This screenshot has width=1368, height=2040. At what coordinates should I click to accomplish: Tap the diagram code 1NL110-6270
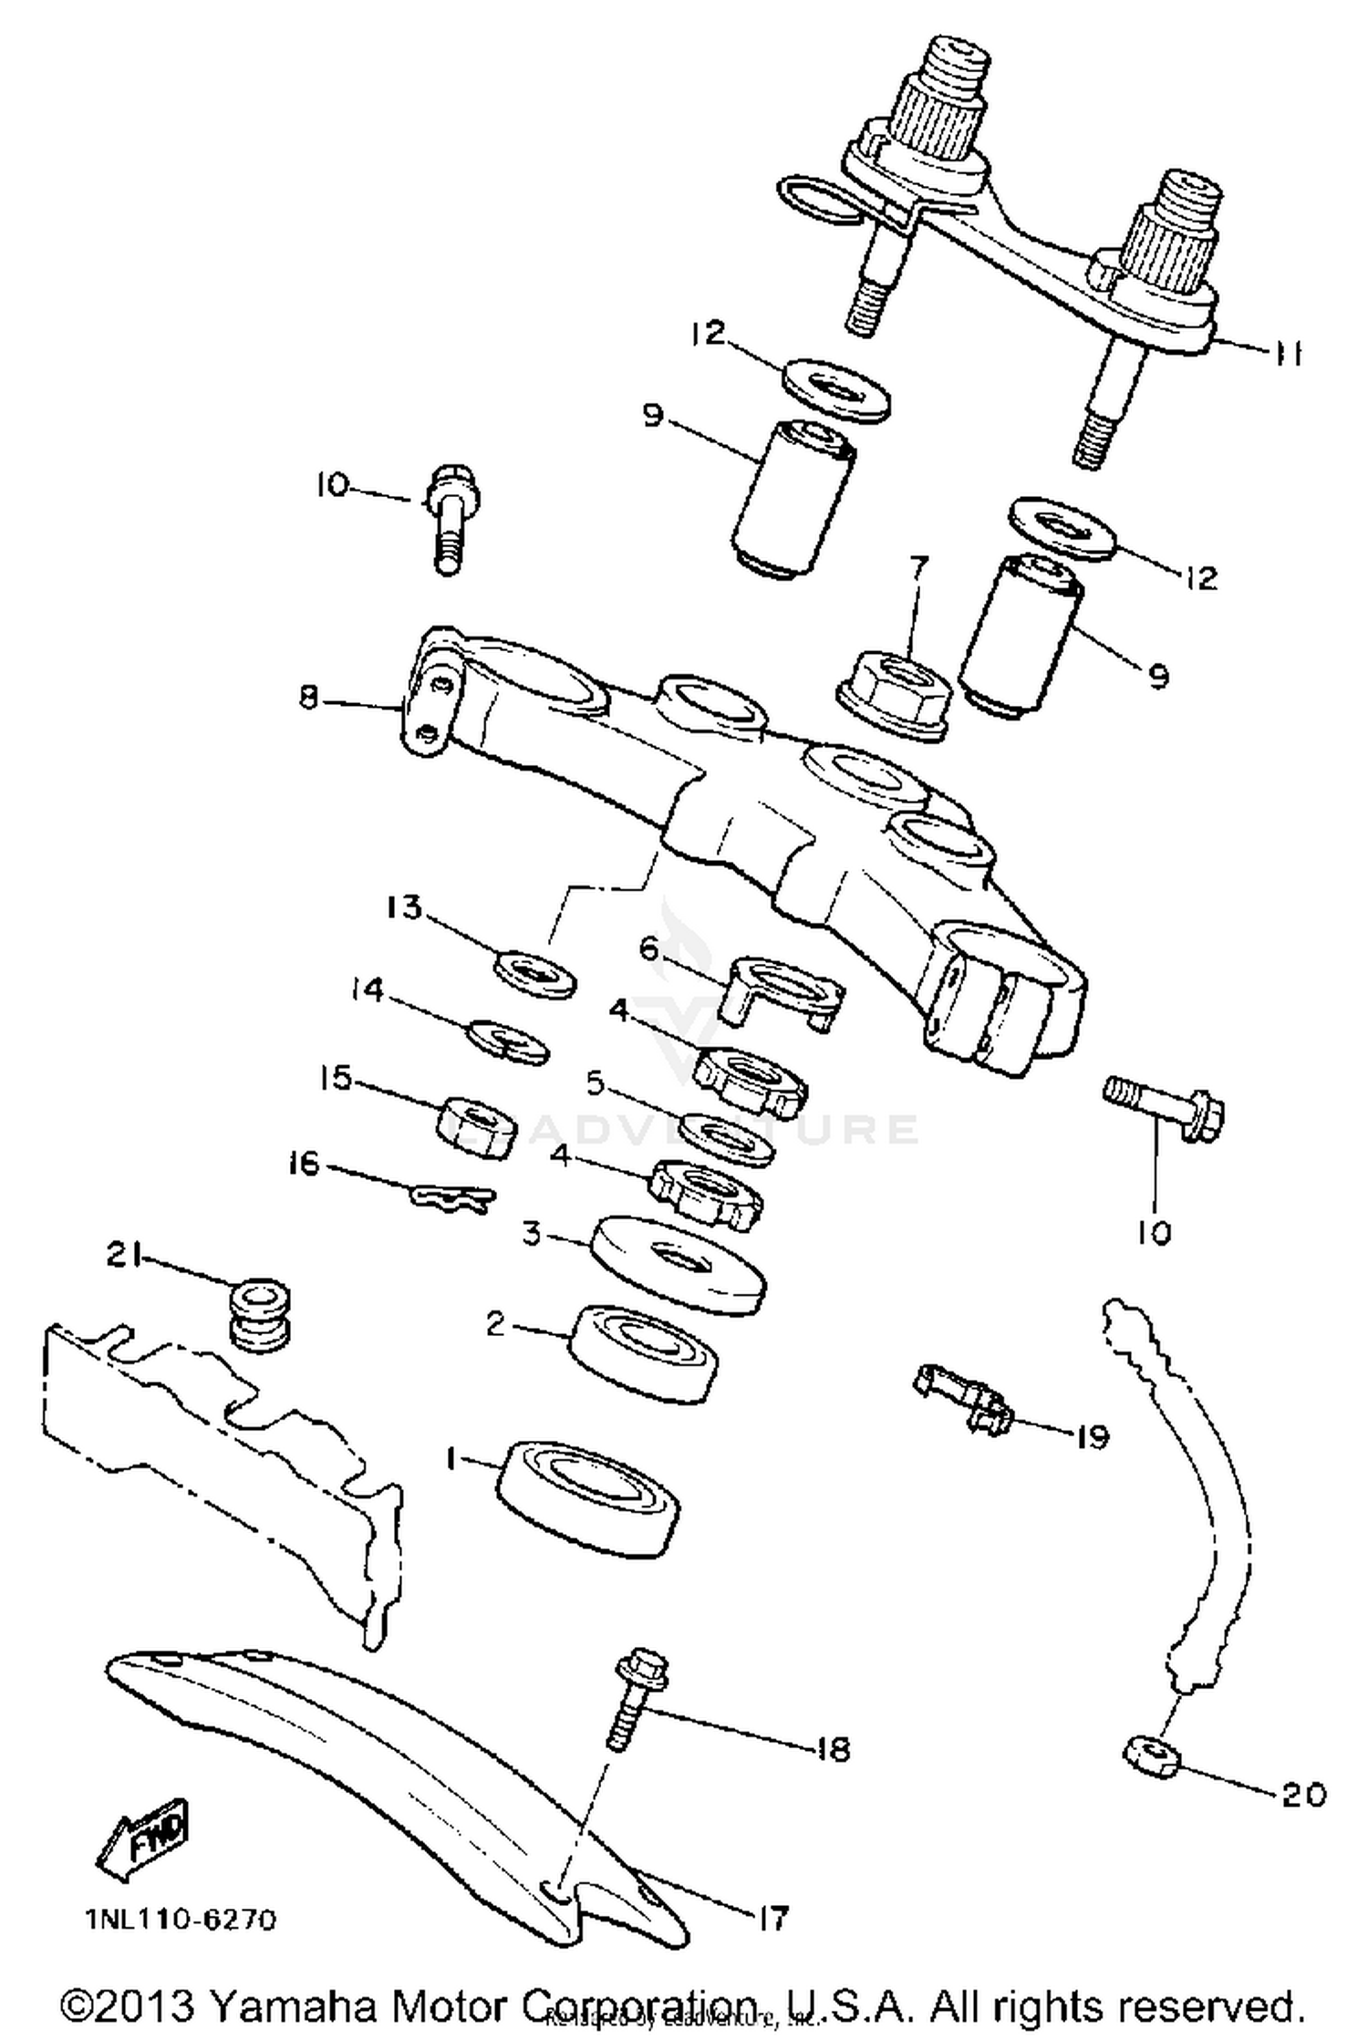(180, 1921)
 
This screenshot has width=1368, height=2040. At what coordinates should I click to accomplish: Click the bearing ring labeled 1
(588, 1496)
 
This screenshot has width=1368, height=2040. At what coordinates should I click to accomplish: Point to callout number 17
(771, 1917)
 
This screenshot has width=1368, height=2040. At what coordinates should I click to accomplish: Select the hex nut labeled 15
(475, 1124)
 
